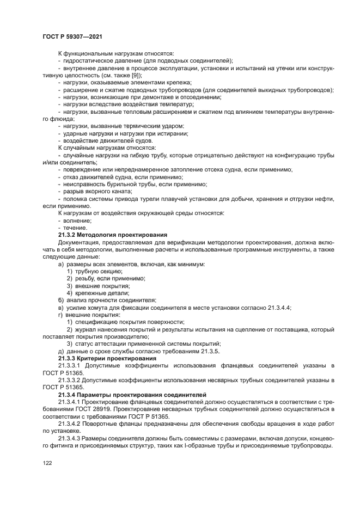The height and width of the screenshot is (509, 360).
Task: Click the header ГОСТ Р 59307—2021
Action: pyautogui.click(x=72, y=36)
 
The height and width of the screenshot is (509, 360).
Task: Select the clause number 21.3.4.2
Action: pyautogui.click(x=73, y=422)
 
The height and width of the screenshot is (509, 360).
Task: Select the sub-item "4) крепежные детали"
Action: pyautogui.click(x=97, y=292)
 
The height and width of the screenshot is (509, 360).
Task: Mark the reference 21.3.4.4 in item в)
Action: pyautogui.click(x=277, y=308)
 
